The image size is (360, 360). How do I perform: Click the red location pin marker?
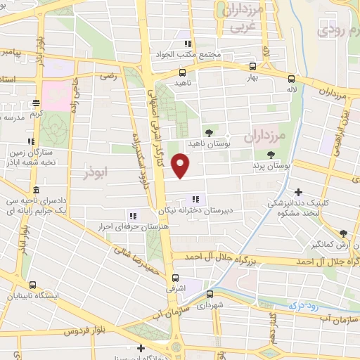pyautogui.click(x=181, y=166)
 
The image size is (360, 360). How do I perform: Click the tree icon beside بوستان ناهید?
pyautogui.click(x=209, y=131)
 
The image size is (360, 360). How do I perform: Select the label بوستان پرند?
pyautogui.click(x=271, y=167)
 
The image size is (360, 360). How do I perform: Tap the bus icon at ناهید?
pyautogui.click(x=183, y=72)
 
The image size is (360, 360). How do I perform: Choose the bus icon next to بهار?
pyautogui.click(x=252, y=67)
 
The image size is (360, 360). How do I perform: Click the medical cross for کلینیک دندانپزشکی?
pyautogui.click(x=300, y=192)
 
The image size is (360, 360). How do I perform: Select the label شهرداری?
pyautogui.click(x=209, y=307)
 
